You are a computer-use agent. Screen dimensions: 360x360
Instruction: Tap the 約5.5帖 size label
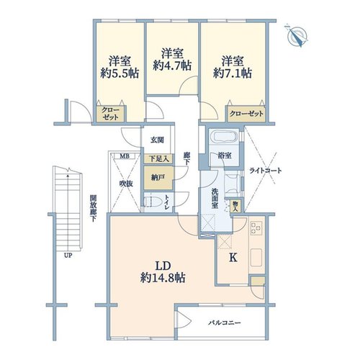[x=120, y=73]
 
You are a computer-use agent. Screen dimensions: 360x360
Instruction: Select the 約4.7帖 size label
[x=172, y=66]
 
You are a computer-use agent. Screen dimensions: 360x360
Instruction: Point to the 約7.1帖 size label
[x=233, y=73]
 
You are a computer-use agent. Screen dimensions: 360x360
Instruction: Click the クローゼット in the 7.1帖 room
[x=246, y=114]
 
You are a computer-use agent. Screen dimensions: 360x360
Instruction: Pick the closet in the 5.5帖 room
[x=110, y=114]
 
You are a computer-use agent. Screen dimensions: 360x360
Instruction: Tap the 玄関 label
[x=157, y=140]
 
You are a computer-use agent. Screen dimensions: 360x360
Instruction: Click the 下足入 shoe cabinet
[x=158, y=158]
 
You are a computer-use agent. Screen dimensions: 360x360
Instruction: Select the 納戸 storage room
[x=158, y=178]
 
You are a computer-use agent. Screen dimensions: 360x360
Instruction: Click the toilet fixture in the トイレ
[x=153, y=202]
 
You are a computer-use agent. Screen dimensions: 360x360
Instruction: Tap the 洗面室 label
[x=215, y=199]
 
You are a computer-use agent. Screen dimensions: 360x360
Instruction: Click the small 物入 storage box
[x=235, y=206]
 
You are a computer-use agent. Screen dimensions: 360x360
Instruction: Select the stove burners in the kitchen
[x=256, y=228]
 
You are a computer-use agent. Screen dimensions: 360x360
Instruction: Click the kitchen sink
[x=256, y=258]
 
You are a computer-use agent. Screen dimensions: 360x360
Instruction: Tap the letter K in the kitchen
[x=233, y=258]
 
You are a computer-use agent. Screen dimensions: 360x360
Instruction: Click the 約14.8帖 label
[x=163, y=278]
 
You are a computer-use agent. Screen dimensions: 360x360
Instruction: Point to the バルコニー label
[x=225, y=323]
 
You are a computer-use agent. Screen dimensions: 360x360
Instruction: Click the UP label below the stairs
[x=68, y=256]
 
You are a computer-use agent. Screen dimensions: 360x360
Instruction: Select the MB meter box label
[x=125, y=156]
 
